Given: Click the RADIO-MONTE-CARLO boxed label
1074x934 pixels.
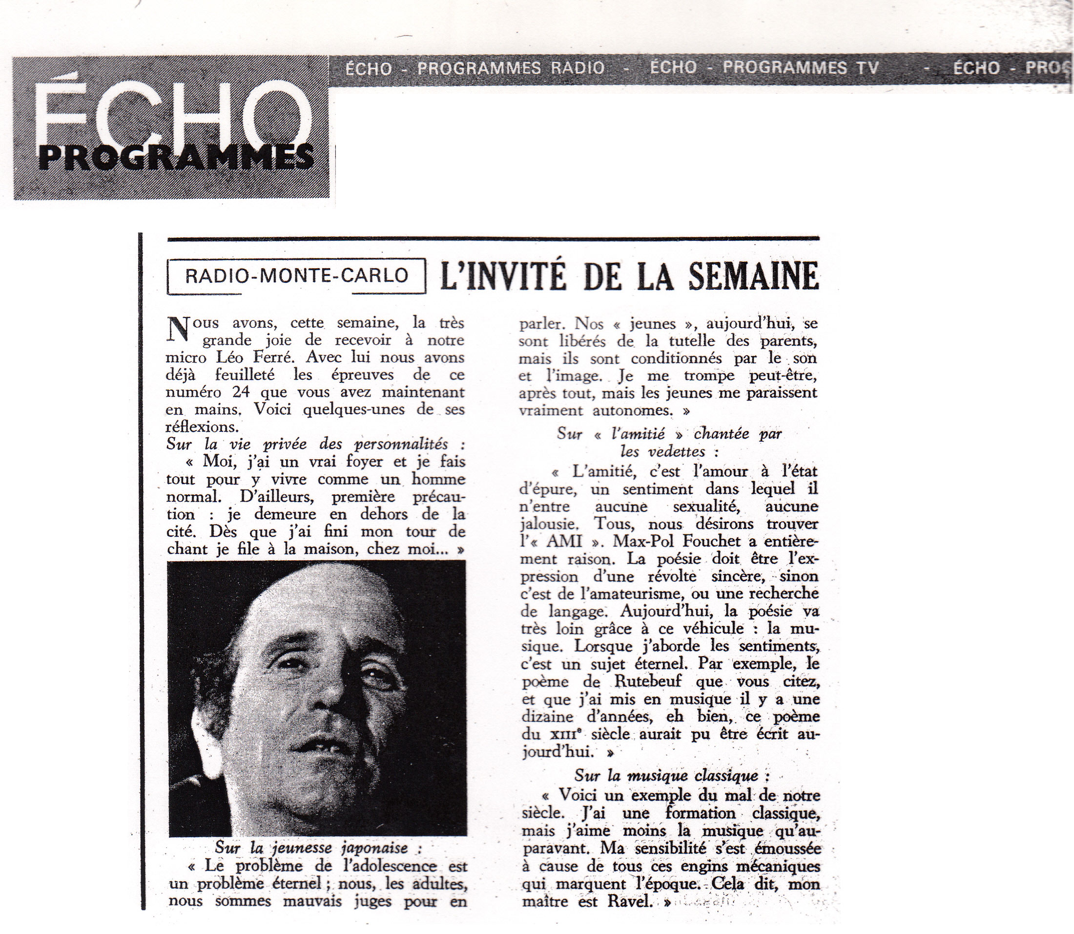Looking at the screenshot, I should tap(296, 275).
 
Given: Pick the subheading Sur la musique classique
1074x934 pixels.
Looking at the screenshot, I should tap(672, 776).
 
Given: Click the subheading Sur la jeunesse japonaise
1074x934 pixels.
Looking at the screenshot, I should tap(318, 848).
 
